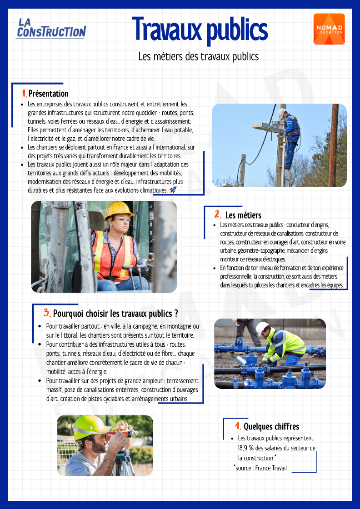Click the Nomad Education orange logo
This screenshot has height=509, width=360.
329,29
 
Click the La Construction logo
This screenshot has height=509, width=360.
50,28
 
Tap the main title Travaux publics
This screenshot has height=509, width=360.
200,29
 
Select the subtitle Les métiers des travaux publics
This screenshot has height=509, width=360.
199,56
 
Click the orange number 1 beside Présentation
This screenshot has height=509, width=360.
24,93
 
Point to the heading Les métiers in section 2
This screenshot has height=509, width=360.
243,215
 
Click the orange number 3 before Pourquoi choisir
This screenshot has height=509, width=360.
47,313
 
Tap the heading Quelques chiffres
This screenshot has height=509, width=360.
271,426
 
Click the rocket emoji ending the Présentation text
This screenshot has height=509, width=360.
172,190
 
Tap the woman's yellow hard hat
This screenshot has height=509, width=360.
119,210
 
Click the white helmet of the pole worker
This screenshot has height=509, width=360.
282,112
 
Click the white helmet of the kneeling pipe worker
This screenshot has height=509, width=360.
262,327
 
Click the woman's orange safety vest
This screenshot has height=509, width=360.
111,254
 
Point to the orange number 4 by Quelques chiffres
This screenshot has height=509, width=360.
237,426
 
